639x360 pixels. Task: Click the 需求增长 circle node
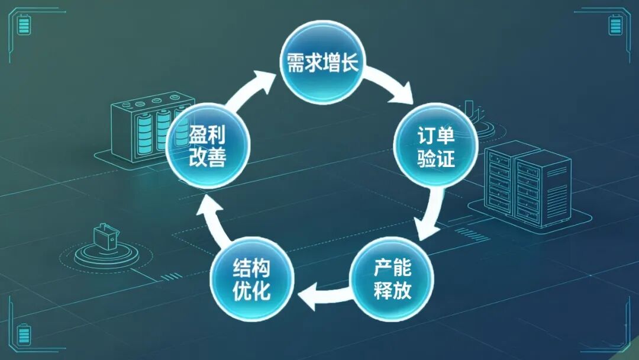(x=322, y=62)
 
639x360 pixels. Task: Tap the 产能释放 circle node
(x=392, y=279)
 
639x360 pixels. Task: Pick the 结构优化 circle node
(x=252, y=279)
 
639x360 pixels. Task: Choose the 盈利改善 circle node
(x=208, y=146)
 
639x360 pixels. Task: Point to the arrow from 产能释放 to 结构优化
(x=324, y=294)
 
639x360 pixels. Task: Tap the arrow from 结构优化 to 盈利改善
(x=212, y=220)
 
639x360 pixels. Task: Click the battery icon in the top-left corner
(x=24, y=25)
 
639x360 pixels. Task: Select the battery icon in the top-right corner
(x=615, y=25)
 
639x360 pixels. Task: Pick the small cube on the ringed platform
(x=105, y=236)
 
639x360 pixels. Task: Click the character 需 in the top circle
(x=295, y=63)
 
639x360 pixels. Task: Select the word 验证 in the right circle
(x=435, y=157)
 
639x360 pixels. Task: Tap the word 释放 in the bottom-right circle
(x=392, y=291)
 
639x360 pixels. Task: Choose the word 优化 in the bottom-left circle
(x=252, y=291)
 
